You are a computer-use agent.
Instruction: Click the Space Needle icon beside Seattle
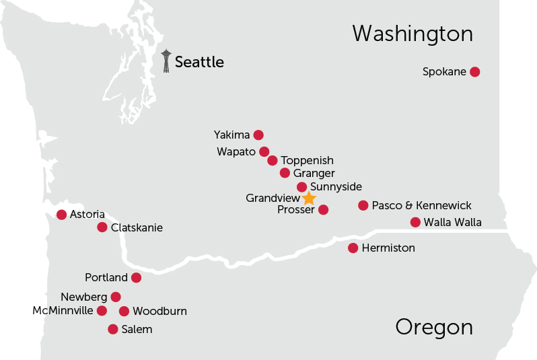click(x=166, y=61)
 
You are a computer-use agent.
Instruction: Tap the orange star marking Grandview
click(x=308, y=198)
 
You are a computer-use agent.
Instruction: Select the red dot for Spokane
click(x=474, y=72)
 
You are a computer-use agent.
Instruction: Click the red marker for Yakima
click(x=258, y=135)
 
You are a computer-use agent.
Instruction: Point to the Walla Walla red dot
click(x=415, y=223)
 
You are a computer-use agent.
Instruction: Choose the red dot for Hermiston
click(x=353, y=248)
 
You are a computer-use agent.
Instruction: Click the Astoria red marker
click(x=62, y=215)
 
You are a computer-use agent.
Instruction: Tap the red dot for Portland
click(x=136, y=278)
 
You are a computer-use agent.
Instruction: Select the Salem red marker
click(x=113, y=329)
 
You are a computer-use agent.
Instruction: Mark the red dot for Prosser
click(x=323, y=210)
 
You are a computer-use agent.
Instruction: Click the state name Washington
click(x=412, y=34)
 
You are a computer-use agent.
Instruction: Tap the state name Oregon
click(x=433, y=327)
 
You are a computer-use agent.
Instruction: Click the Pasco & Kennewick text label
click(x=421, y=205)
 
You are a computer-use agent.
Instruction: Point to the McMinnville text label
click(x=63, y=311)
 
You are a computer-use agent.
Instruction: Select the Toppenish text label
click(x=307, y=161)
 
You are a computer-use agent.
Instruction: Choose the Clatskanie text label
click(x=137, y=227)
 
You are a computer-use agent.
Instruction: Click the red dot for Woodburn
click(x=124, y=311)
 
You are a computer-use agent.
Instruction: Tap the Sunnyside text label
click(x=336, y=186)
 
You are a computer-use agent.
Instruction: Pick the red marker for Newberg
click(x=116, y=297)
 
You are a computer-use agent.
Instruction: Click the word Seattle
click(x=199, y=63)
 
